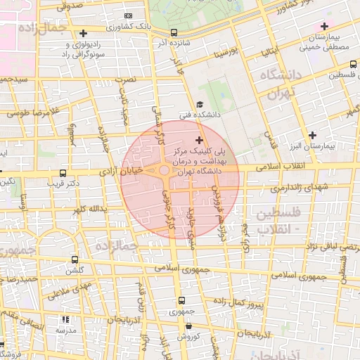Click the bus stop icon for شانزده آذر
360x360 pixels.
pos(174,32)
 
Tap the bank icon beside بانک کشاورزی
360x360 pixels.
pos(127,15)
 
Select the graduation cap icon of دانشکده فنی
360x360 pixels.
pos(199,105)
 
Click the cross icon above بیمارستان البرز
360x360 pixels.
pos(312,134)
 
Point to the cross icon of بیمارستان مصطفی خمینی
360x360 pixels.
pos(324,26)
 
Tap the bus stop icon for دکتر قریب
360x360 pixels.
pos(63,173)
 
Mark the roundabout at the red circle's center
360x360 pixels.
pos(165,170)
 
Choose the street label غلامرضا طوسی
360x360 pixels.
pos(31,112)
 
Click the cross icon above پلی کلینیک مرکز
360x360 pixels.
pos(199,141)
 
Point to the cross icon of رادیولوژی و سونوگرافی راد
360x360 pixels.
pos(84,33)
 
